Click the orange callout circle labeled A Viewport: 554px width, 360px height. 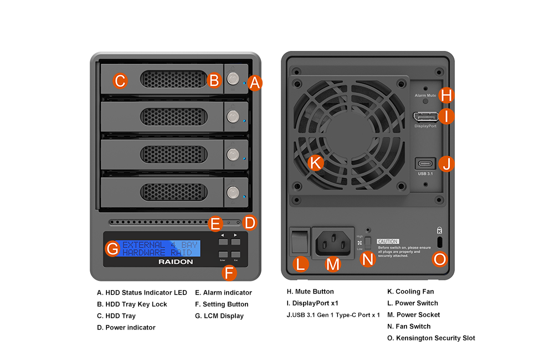click(x=254, y=83)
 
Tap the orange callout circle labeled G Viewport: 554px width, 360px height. click(x=112, y=249)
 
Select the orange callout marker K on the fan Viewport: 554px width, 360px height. click(x=315, y=163)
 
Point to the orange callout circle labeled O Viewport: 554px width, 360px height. click(x=439, y=259)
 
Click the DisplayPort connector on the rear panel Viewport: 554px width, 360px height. click(x=425, y=117)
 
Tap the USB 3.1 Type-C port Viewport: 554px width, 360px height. click(x=425, y=164)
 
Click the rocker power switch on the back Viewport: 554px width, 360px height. click(x=299, y=240)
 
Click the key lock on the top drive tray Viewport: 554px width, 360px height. click(x=233, y=79)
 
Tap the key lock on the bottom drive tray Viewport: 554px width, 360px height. click(x=233, y=193)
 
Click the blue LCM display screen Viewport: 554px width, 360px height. click(x=160, y=248)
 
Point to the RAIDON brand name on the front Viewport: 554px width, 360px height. click(x=176, y=261)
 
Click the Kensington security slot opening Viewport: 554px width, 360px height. click(x=440, y=242)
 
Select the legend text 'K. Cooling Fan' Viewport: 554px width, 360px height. click(x=410, y=291)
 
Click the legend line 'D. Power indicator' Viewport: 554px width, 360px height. click(x=126, y=327)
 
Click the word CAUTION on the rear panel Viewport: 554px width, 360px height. click(x=388, y=241)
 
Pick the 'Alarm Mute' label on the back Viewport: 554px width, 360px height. click(x=425, y=95)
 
